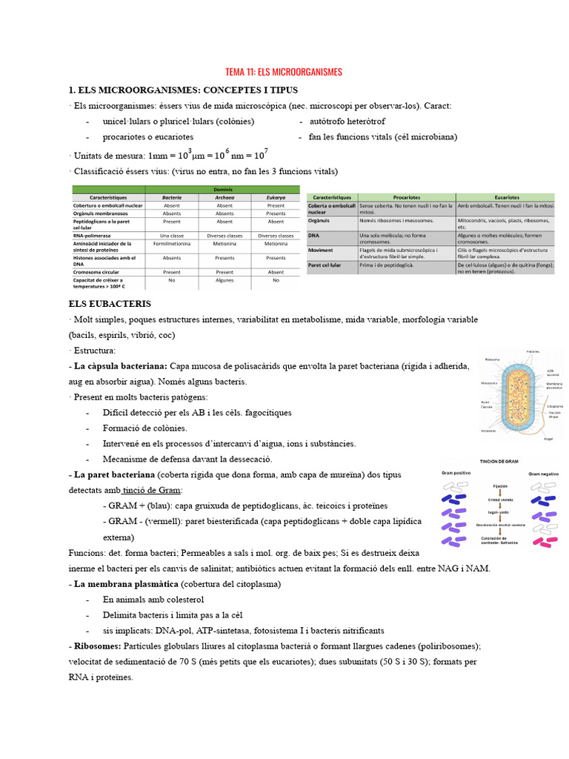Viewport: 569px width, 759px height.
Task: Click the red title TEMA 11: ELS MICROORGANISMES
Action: click(284, 72)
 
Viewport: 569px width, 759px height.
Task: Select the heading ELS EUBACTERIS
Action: click(110, 304)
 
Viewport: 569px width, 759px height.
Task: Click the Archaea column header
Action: click(224, 198)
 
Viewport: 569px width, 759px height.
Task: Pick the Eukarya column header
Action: click(276, 198)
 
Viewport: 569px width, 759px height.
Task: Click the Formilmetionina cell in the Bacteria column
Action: click(172, 243)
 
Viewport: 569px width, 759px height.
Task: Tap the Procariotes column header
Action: click(407, 197)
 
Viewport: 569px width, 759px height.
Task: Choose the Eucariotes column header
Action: click(505, 197)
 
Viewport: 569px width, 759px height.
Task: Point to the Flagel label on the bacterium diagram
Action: click(548, 439)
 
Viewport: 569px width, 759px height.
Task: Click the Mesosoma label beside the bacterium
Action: click(488, 383)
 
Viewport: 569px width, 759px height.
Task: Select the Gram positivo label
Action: click(456, 472)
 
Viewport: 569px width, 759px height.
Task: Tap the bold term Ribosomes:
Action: click(94, 646)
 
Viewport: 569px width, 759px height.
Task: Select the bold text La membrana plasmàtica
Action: click(125, 584)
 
